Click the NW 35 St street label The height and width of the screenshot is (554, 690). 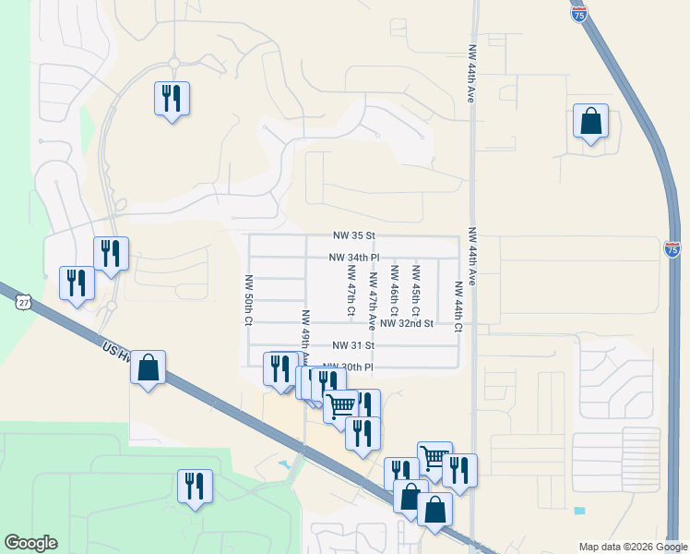click(354, 236)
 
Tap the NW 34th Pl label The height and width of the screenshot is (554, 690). click(354, 258)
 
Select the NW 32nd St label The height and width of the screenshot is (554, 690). click(406, 324)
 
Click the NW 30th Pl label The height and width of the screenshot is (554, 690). click(347, 367)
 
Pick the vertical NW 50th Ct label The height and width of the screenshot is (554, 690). click(248, 299)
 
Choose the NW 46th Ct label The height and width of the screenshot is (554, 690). click(395, 288)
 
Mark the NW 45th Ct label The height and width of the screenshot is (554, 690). click(416, 288)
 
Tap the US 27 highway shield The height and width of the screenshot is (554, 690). click(24, 301)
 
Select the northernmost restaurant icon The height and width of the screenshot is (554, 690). click(172, 98)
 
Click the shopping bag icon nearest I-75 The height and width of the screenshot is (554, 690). click(590, 121)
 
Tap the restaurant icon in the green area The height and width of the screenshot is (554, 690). click(195, 486)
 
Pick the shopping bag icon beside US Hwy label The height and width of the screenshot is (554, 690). click(148, 367)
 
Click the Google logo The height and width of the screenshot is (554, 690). click(30, 543)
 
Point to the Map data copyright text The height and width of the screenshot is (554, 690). click(632, 547)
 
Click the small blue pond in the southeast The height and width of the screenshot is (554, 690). click(578, 511)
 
